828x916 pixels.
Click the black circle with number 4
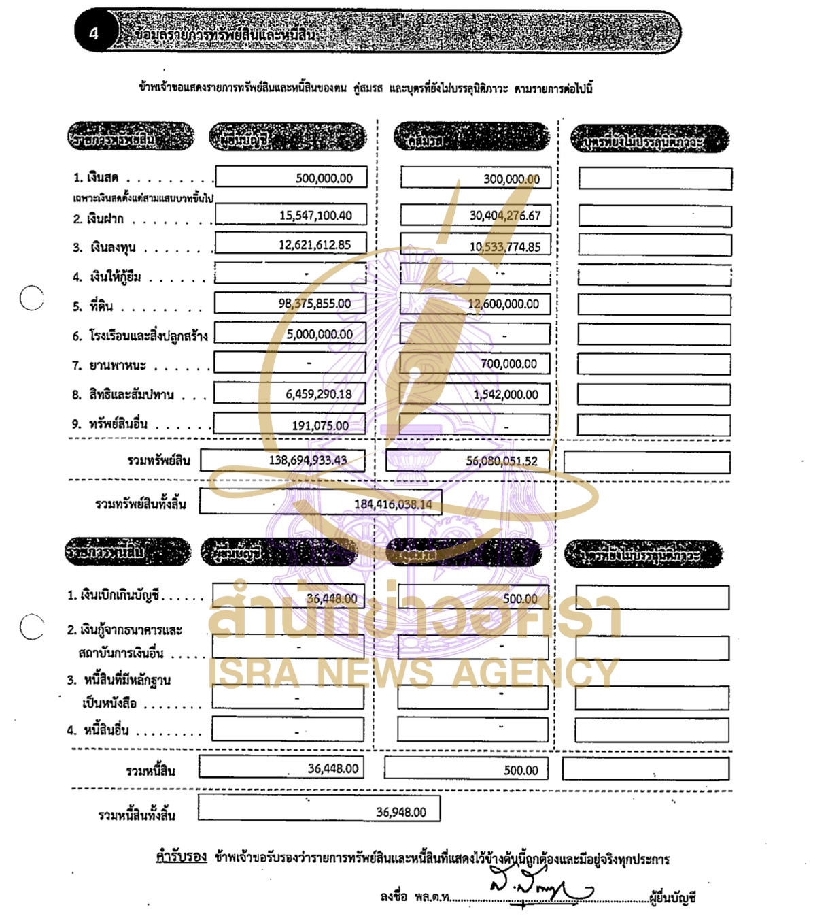click(94, 33)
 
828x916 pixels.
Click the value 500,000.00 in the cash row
click(324, 178)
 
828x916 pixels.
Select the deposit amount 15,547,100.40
click(315, 216)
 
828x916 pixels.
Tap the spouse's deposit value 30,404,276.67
click(504, 216)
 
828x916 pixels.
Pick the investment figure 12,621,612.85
click(315, 245)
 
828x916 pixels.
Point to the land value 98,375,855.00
click(314, 304)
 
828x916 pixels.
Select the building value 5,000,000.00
click(320, 334)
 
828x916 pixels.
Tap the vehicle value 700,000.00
click(508, 364)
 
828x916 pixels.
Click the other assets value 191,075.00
click(320, 426)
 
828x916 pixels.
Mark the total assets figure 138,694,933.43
click(307, 461)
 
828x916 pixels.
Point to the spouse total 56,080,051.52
click(501, 461)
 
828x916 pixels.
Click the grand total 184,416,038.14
click(392, 504)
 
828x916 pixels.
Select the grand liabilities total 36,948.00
click(400, 812)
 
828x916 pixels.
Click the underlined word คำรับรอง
click(181, 857)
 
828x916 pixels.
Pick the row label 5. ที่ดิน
click(93, 306)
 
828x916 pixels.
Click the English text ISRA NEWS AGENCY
click(413, 673)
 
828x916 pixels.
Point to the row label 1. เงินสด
click(96, 178)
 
